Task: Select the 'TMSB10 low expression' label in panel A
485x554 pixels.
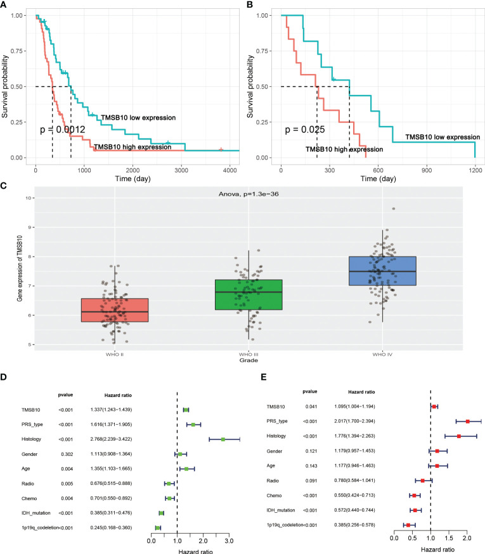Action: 138,117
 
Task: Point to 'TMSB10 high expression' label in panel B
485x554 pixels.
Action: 344,149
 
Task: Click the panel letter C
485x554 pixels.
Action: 4,186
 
